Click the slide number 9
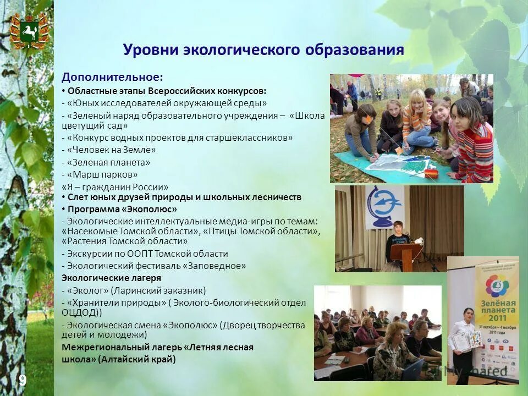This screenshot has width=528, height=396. [23, 380]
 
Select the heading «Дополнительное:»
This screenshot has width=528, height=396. [112, 77]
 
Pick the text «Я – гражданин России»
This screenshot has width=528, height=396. [115, 187]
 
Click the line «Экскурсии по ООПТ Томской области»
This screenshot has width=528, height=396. [145, 254]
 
